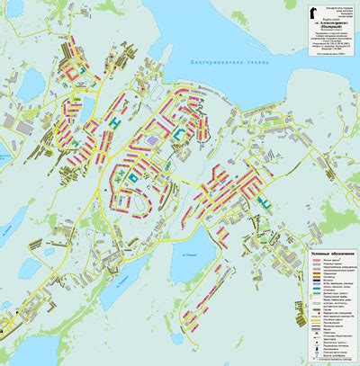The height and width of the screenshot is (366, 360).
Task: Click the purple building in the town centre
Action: [x=154, y=140]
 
